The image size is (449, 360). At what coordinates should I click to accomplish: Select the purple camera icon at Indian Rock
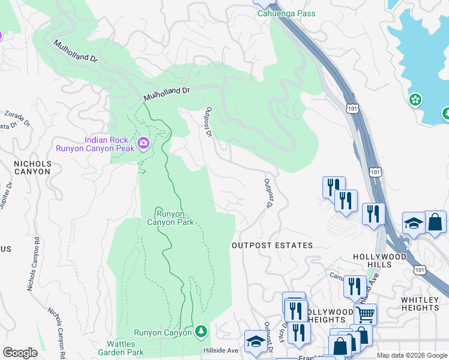pos(143,143)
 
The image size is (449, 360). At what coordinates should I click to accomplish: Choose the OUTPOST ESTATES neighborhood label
pos(273,245)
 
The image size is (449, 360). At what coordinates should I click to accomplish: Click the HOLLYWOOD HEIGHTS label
pos(329,316)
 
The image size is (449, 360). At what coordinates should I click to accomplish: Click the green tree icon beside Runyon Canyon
pos(202,331)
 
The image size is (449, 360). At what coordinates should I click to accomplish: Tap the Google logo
pos(20,353)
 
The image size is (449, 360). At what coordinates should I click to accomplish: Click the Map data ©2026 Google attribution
pos(412,355)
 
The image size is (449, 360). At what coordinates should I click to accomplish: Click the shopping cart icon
pos(365,314)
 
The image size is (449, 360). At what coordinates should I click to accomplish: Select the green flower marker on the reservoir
pos(415,99)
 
